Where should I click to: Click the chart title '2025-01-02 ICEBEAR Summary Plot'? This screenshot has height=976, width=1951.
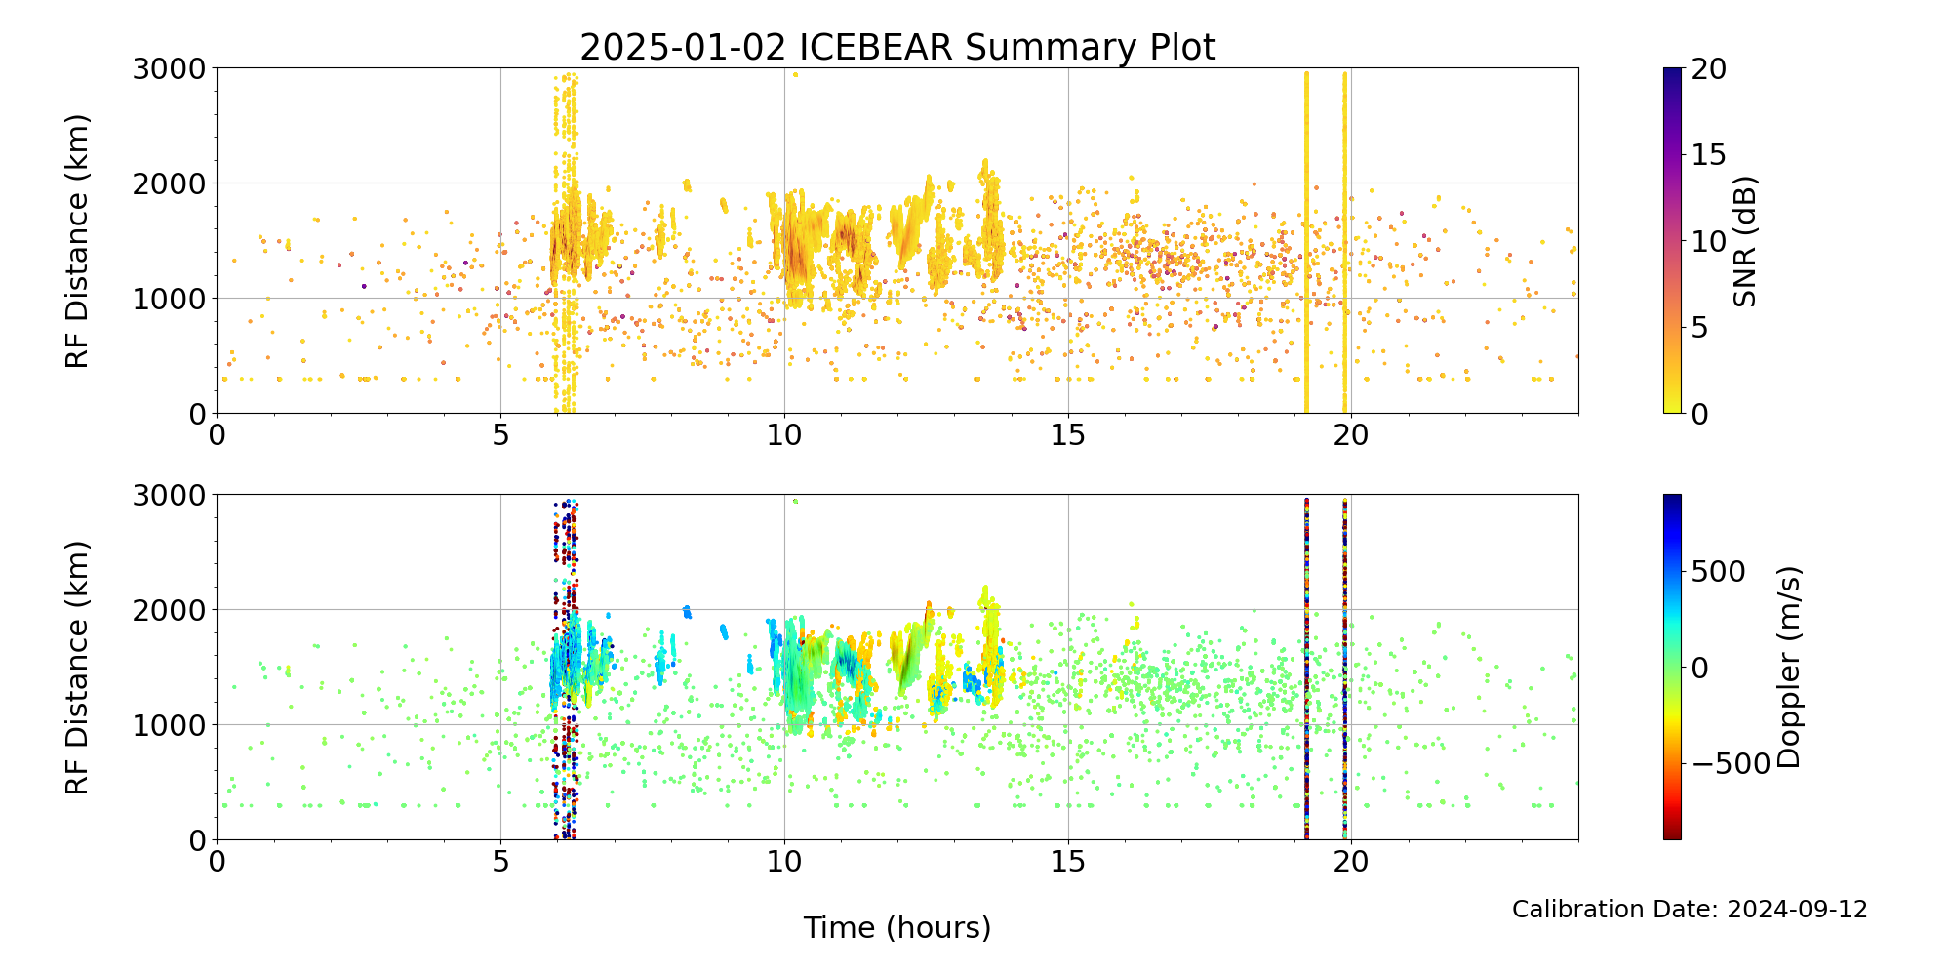tap(897, 47)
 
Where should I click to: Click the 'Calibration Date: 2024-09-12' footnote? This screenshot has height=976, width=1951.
tap(1690, 910)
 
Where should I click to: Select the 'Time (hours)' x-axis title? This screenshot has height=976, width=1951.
tap(897, 927)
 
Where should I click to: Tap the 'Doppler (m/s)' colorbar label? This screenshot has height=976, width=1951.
tap(1788, 668)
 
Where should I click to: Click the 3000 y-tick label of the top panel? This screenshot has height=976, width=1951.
tap(170, 69)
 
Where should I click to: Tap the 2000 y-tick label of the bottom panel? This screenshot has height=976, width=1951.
tap(170, 610)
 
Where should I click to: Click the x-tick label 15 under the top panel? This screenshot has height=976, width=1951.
tap(1068, 434)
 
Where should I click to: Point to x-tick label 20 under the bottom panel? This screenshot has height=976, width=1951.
tap(1351, 861)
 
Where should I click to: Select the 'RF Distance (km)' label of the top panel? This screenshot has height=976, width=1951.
tap(77, 241)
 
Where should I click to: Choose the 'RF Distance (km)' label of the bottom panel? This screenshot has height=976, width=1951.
tap(77, 668)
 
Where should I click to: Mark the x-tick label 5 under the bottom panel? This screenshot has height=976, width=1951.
tap(500, 861)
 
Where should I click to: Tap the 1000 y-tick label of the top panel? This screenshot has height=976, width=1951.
tap(170, 299)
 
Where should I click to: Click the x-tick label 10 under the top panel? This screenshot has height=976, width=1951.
tap(784, 434)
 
